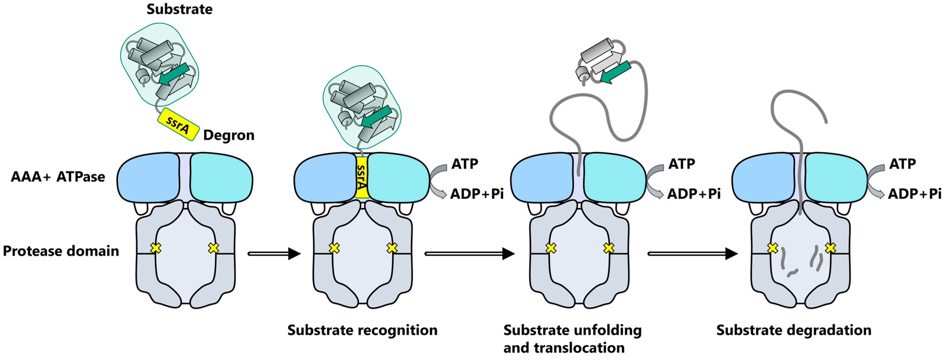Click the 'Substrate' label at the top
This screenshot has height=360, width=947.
(179, 9)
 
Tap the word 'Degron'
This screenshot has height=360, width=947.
(229, 135)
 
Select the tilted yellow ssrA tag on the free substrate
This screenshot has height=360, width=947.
(178, 124)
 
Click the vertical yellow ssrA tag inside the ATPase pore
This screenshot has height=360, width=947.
(362, 177)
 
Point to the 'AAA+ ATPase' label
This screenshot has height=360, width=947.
(58, 177)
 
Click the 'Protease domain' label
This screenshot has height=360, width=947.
(61, 251)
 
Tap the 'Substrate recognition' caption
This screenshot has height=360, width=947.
(362, 330)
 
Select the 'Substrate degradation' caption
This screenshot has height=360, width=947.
(794, 330)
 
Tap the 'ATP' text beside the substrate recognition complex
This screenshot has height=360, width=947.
(465, 164)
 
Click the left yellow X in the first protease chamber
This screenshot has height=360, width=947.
(156, 248)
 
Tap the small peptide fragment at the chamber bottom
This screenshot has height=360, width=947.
(792, 273)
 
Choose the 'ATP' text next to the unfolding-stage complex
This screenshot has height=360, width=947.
(682, 164)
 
